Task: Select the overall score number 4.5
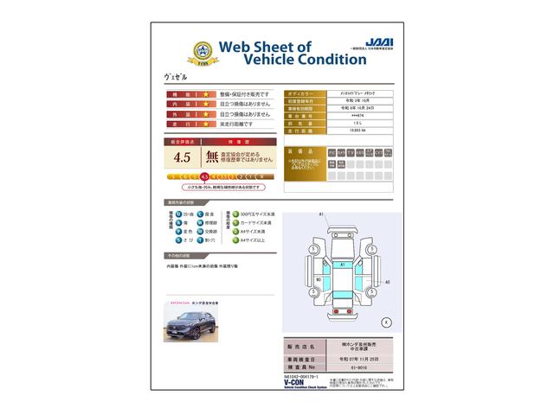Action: [182, 157]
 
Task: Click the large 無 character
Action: [211, 157]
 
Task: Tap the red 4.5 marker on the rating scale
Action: [204, 176]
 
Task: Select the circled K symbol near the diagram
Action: [385, 322]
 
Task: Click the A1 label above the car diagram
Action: [321, 214]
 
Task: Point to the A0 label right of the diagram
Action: [387, 282]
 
